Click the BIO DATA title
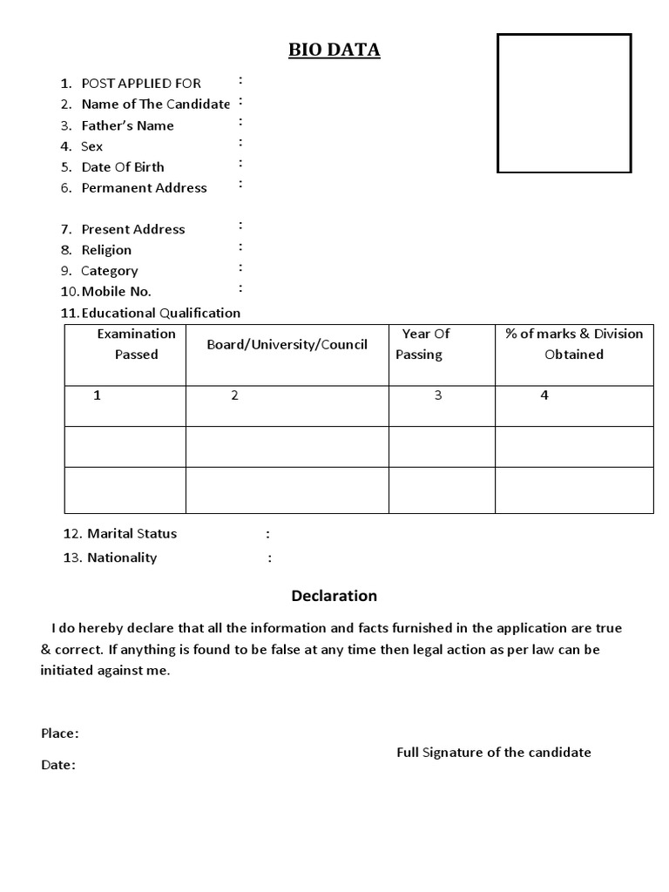(334, 51)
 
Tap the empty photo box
(564, 103)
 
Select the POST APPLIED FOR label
(140, 84)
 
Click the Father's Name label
(127, 125)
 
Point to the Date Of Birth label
(122, 167)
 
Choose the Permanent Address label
(144, 188)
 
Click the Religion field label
(106, 250)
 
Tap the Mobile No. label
(116, 292)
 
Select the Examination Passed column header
(136, 344)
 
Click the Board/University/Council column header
(287, 345)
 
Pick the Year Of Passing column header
(422, 344)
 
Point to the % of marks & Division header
(574, 344)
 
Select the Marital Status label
(131, 533)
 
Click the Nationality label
(122, 557)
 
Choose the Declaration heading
(334, 596)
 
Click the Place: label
(59, 733)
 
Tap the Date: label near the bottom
(57, 765)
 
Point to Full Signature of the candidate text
(493, 752)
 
